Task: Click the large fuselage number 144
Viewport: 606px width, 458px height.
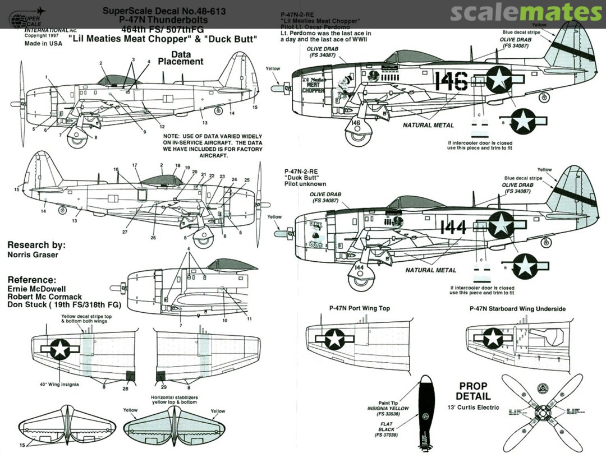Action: [x=453, y=227]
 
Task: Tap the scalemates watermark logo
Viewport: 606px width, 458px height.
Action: [x=526, y=12]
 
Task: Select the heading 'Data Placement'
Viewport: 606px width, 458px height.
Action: [x=180, y=57]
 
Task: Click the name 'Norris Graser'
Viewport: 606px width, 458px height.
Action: [x=33, y=255]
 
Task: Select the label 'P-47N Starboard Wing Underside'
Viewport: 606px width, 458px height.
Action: [x=517, y=308]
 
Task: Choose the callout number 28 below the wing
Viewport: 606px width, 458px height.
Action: [x=126, y=388]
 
